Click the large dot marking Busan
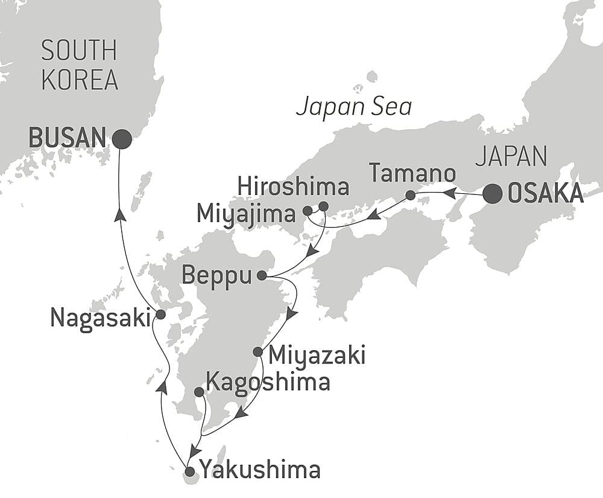pyautogui.click(x=122, y=139)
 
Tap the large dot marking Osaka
pyautogui.click(x=493, y=194)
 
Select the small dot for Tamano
pyautogui.click(x=410, y=195)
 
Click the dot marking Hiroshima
pyautogui.click(x=323, y=206)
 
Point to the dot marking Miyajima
pyautogui.click(x=308, y=211)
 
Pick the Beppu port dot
pyautogui.click(x=262, y=276)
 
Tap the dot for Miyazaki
pyautogui.click(x=258, y=351)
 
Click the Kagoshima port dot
pyautogui.click(x=199, y=392)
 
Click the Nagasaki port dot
pyautogui.click(x=160, y=314)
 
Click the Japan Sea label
pyautogui.click(x=354, y=107)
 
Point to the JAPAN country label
pyautogui.click(x=511, y=157)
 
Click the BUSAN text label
pyautogui.click(x=68, y=139)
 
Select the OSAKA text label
pyautogui.click(x=546, y=194)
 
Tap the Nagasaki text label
pyautogui.click(x=100, y=317)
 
